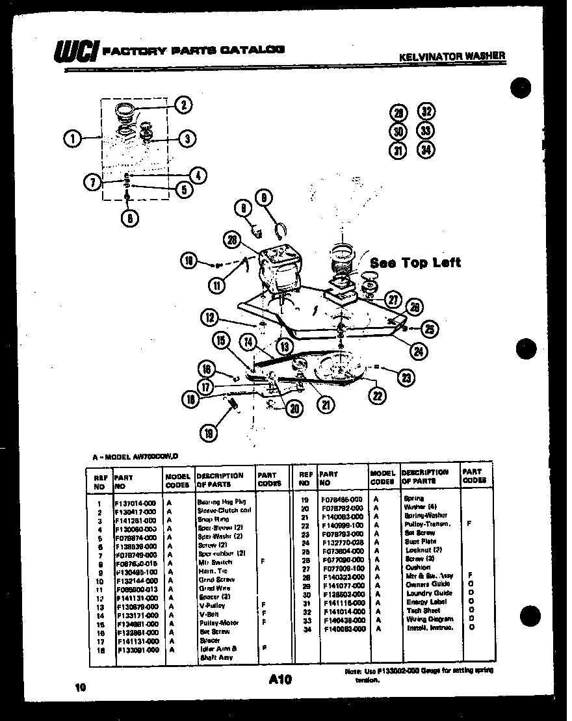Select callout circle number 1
coord(73,138)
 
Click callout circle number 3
coord(187,138)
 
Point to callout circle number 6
coord(129,218)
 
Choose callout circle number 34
coord(426,150)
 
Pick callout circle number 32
coord(426,111)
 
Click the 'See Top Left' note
coord(415,263)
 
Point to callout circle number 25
coord(430,329)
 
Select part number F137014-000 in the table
coord(136,503)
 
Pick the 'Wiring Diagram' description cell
coord(430,619)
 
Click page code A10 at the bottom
coord(279,679)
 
